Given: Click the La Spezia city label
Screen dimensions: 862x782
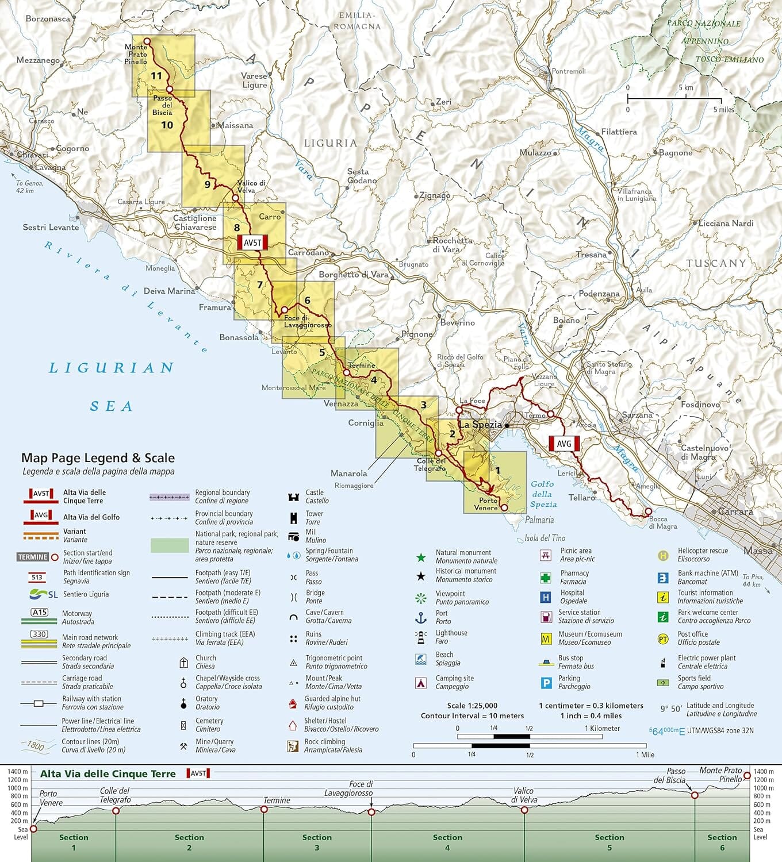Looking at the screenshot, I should point(480,425).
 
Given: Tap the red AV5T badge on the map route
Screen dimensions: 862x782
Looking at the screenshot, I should point(252,243).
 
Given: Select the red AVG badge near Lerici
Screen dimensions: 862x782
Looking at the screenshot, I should point(563,444).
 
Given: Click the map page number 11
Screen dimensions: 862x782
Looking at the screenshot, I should point(156,76).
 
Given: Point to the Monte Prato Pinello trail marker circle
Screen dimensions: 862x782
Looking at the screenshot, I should point(147,41).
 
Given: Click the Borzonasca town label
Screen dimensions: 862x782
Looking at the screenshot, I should point(48,19).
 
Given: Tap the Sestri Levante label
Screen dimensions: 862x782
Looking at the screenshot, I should point(51,228).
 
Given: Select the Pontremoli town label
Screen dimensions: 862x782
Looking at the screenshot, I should point(568,71).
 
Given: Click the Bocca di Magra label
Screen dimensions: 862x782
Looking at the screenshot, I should point(662,522).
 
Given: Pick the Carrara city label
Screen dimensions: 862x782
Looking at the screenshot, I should point(735,511).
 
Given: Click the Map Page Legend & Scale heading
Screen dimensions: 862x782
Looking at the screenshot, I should point(98,458).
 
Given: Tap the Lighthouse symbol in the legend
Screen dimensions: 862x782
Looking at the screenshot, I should point(421,637).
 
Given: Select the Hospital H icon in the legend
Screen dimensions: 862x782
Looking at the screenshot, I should point(546,597).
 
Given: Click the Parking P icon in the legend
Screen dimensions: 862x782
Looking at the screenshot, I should point(546,683).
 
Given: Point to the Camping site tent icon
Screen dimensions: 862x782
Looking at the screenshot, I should point(421,683).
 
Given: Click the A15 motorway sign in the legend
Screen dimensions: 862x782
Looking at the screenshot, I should point(40,613).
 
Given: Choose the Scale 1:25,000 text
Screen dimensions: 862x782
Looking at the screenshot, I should point(472,706).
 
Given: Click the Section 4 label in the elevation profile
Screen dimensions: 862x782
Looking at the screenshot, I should point(447,842).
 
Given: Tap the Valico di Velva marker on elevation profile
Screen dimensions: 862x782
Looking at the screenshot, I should point(524,810).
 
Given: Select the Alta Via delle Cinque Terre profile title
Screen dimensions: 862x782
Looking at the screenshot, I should point(108,774).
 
